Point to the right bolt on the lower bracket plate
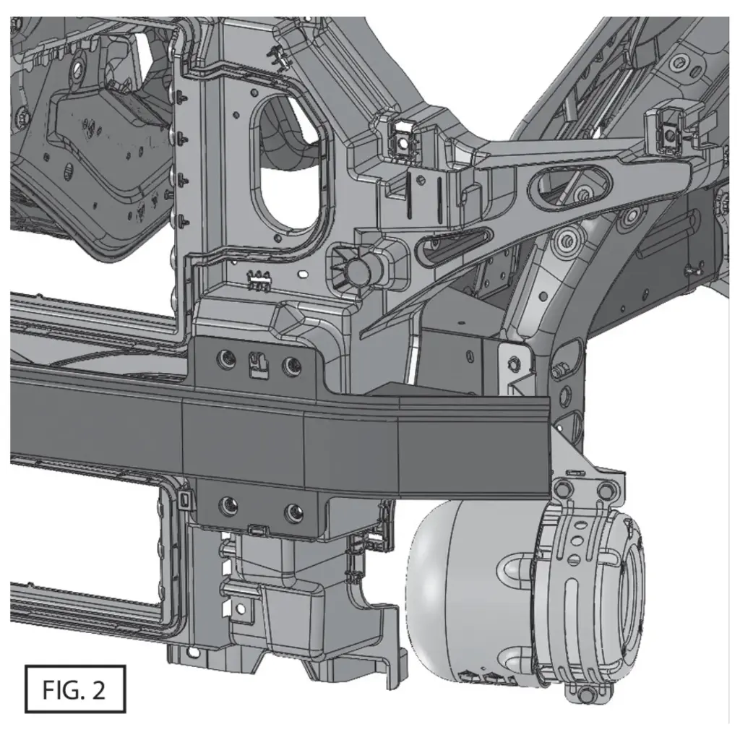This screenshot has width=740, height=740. [293, 512]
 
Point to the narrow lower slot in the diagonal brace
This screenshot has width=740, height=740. [455, 243]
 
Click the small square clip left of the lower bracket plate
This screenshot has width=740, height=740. [186, 499]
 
